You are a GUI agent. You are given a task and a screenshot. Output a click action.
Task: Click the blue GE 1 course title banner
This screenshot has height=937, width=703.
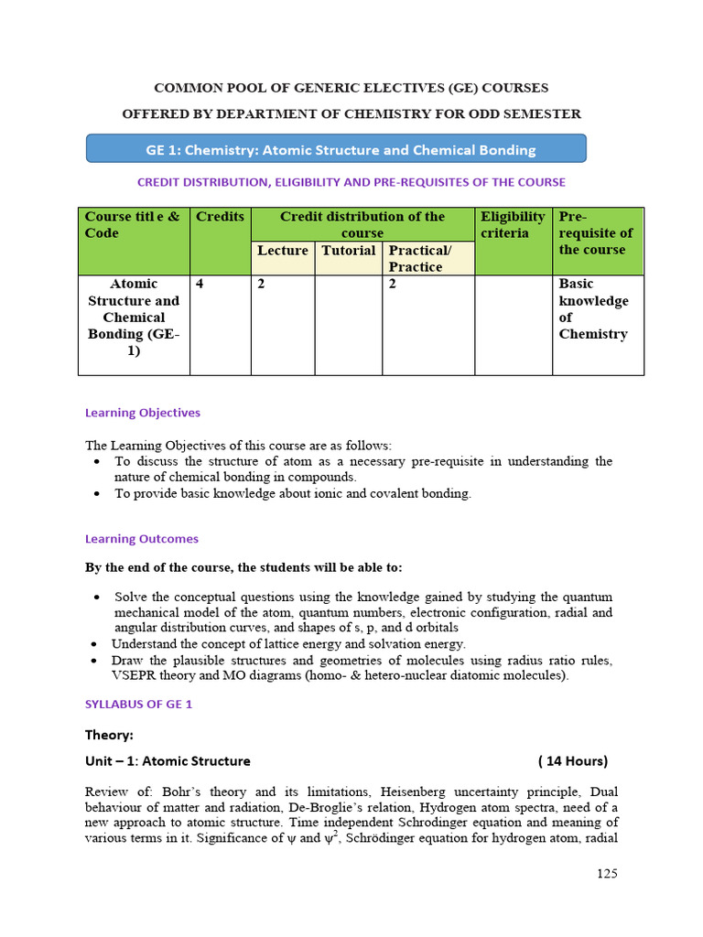(x=336, y=149)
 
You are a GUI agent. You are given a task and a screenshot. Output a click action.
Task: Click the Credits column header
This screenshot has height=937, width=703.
(x=220, y=217)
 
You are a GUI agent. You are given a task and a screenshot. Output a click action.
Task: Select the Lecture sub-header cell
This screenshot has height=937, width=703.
(x=283, y=251)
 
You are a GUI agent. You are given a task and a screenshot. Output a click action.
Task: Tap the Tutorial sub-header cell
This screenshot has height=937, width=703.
(x=348, y=251)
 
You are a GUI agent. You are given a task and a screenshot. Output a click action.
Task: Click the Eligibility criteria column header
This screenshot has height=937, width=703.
(x=513, y=225)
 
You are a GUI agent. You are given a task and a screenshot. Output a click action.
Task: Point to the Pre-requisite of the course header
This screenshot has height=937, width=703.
(x=595, y=233)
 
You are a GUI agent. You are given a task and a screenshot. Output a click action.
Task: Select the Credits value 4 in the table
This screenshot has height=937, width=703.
(x=200, y=285)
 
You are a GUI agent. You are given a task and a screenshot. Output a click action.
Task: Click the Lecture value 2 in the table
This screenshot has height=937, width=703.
(x=261, y=285)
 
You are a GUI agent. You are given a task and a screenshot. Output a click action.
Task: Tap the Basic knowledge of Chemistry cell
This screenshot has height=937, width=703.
(x=593, y=309)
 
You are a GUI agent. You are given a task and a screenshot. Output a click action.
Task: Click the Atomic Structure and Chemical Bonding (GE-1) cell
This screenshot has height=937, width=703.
(x=134, y=318)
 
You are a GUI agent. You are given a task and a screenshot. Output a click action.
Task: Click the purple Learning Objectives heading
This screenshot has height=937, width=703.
(x=142, y=413)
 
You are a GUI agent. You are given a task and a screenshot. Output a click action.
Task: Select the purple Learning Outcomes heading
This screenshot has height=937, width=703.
(x=141, y=539)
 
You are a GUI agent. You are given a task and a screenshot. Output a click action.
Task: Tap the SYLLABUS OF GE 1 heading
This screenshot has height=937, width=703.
(x=138, y=705)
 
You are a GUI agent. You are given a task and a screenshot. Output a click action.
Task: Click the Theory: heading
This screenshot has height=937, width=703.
(x=109, y=735)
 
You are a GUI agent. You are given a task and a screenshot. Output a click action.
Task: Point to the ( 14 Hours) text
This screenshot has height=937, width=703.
(x=573, y=761)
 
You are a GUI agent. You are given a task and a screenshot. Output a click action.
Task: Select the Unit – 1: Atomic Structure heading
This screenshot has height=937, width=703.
(x=168, y=761)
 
